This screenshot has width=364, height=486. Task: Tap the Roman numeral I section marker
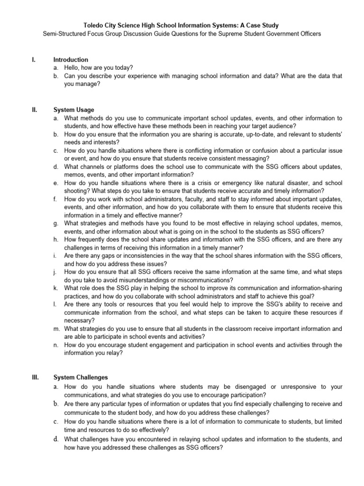click(33, 60)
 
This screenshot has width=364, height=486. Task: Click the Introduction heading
click(71, 60)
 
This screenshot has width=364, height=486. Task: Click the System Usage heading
click(73, 110)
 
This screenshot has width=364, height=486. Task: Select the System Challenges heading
click(81, 378)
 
